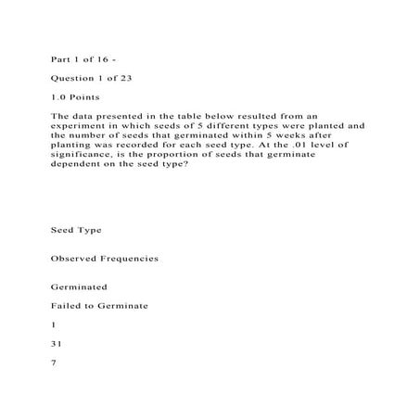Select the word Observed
coord(74,258)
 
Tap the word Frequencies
coord(131,258)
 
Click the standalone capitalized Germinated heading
coord(80,287)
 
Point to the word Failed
coord(65,305)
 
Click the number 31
coord(56,341)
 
